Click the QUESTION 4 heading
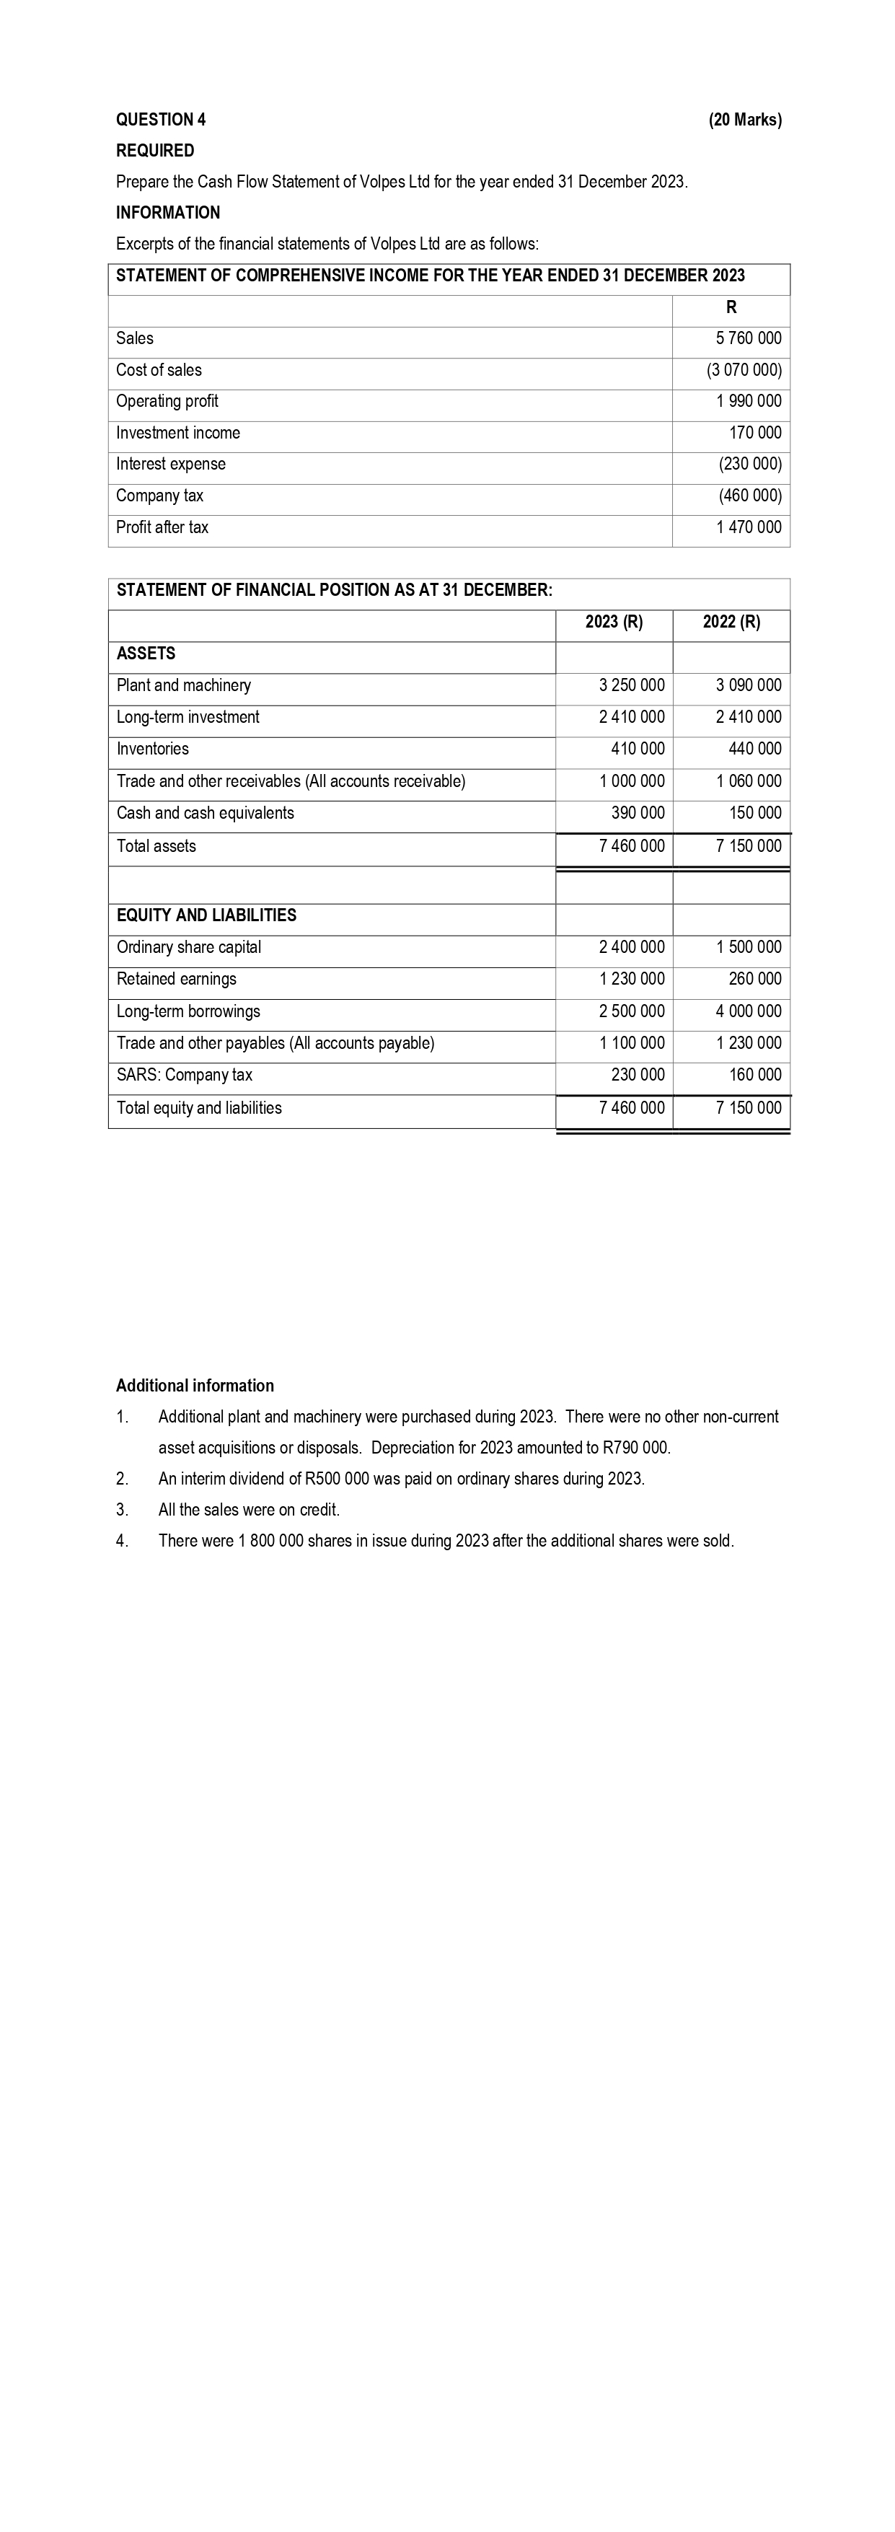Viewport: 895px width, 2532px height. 160,120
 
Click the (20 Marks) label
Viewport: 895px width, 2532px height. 745,120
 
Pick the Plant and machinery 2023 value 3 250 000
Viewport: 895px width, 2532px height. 631,685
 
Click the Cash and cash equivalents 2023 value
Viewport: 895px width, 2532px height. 638,813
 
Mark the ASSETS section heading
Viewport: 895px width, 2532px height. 146,654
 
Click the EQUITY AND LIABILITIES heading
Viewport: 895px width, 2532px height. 206,915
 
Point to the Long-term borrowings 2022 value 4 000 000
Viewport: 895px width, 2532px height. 749,1011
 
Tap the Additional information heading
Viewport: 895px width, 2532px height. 195,1385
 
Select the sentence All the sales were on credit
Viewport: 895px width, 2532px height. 249,1510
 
